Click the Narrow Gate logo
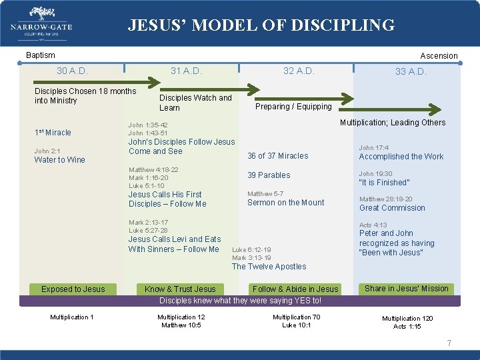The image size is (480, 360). [x=41, y=24]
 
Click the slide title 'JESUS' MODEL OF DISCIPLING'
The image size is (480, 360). [x=261, y=25]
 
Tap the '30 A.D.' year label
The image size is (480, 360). [x=72, y=71]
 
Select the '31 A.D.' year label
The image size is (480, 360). [x=186, y=71]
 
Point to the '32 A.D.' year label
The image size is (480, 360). [x=299, y=71]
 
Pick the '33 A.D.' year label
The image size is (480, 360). [x=411, y=71]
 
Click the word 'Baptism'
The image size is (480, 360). [x=40, y=55]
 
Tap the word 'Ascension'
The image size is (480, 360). [x=439, y=56]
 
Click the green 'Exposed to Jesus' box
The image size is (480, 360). [x=73, y=289]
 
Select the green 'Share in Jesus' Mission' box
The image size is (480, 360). [x=407, y=289]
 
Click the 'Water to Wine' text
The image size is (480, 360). [x=59, y=160]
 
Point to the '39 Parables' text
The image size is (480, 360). [x=269, y=175]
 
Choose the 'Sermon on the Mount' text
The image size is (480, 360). [x=285, y=203]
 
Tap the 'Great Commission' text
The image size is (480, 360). [x=392, y=208]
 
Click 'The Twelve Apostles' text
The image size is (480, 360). [x=269, y=267]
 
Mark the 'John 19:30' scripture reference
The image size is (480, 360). [x=375, y=174]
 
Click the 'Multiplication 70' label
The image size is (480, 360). [x=296, y=317]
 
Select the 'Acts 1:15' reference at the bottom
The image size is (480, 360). [x=407, y=327]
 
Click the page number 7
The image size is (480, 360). [x=449, y=343]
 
